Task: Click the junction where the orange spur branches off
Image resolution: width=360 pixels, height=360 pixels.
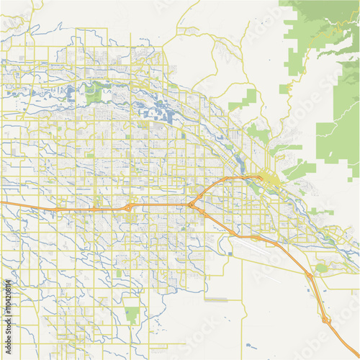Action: (x=192, y=205)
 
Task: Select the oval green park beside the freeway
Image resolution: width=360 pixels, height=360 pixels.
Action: (x=321, y=269)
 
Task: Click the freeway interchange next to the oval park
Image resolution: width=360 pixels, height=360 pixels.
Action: (x=310, y=276)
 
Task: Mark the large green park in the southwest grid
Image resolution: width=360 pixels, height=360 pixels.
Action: (x=132, y=314)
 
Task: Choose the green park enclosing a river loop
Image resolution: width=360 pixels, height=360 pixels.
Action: (x=94, y=92)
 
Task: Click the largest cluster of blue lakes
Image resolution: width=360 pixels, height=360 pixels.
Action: (x=162, y=114)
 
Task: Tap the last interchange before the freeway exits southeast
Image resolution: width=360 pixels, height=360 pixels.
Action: (x=325, y=318)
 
